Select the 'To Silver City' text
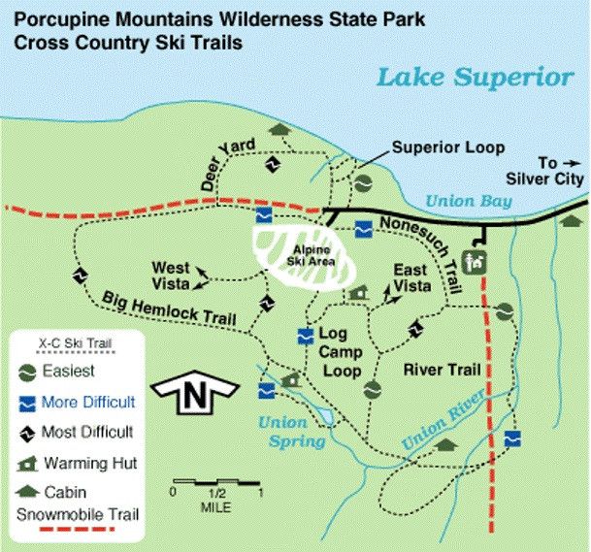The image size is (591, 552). click(x=544, y=171)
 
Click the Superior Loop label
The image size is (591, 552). click(x=447, y=148)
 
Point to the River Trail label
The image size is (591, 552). click(x=436, y=370)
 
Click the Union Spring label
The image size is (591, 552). click(x=284, y=433)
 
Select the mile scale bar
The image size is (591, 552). click(x=214, y=482)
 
